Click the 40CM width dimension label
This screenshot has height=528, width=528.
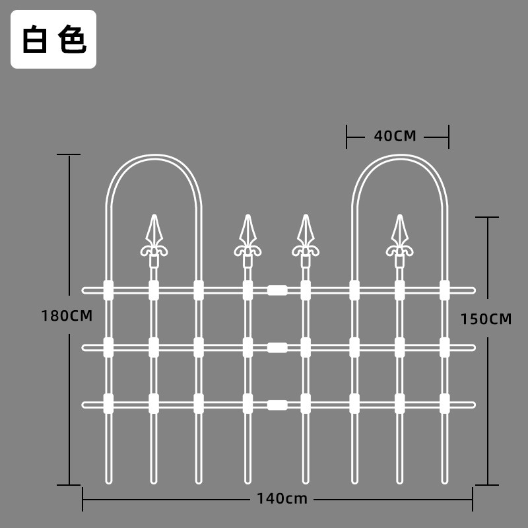(395, 136)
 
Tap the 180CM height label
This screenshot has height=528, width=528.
(67, 316)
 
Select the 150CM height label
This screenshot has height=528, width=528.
(486, 319)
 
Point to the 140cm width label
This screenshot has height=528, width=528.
(282, 498)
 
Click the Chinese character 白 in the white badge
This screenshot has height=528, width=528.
(35, 39)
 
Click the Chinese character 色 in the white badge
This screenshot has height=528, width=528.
(73, 39)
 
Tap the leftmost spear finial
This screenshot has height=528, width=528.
(154, 240)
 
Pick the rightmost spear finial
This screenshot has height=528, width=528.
(400, 240)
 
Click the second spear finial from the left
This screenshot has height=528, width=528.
(248, 240)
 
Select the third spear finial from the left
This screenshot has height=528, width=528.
(306, 240)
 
